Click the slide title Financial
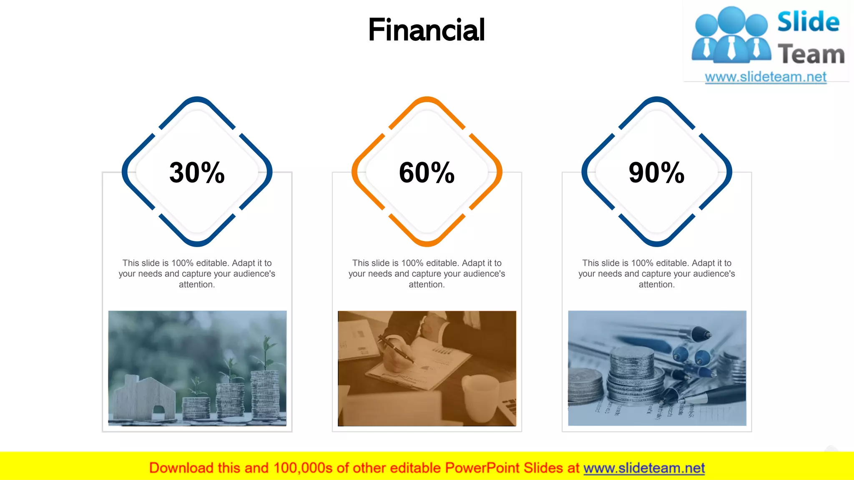426,30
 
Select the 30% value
197,172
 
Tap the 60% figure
427,172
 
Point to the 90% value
656,172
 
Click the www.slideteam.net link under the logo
766,77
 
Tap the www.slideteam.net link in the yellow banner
644,468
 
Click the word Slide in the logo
808,22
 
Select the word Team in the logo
811,55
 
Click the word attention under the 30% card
196,285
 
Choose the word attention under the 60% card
426,285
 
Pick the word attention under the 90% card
656,285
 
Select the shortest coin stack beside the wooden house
196,408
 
